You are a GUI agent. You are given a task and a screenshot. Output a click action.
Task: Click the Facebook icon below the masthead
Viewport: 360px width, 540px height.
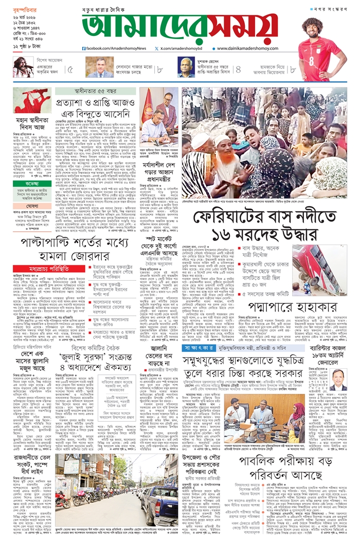pos(84,48)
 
